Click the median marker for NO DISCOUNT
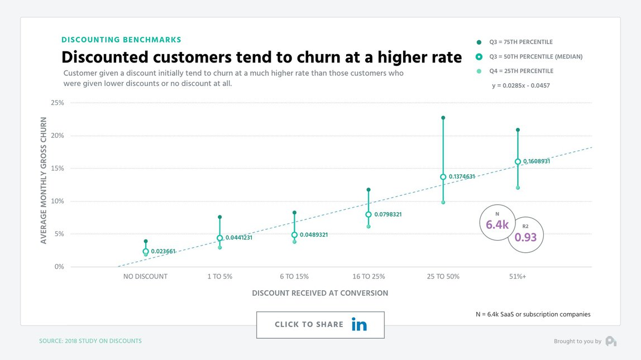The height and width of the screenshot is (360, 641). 146,252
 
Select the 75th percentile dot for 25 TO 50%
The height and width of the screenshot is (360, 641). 443,118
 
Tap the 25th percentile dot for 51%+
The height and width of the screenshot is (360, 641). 518,188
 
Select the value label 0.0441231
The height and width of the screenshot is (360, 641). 239,238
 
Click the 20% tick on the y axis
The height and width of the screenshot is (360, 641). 58,136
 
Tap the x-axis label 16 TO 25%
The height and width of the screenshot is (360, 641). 369,276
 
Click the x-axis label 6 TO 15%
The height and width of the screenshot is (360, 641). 294,276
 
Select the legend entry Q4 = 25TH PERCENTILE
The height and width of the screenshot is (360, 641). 521,71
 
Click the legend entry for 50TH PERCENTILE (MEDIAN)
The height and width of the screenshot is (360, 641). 528,56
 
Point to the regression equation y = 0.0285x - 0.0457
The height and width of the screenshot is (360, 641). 521,85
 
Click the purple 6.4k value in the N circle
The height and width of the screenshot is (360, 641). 496,225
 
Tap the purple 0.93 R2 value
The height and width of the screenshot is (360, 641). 525,237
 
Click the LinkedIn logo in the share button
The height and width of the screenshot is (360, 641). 359,324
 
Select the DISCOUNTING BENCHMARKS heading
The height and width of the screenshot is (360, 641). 121,40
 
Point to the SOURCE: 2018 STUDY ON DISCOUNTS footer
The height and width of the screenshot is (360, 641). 90,341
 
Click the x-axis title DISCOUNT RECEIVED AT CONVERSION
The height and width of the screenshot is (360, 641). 320,293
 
